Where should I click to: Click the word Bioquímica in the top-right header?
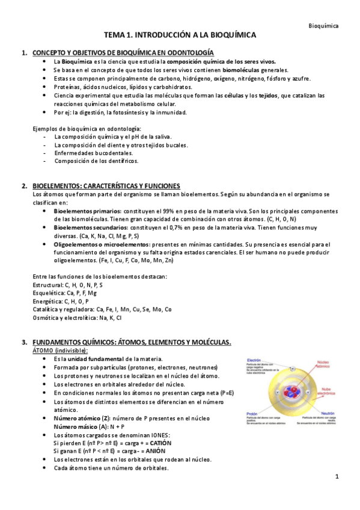coord(323,26)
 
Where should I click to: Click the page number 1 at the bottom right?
coord(337,477)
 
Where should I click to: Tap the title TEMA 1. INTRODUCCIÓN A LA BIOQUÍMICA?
coord(180,36)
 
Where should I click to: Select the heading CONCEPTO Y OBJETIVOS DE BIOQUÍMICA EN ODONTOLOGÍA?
coord(123,53)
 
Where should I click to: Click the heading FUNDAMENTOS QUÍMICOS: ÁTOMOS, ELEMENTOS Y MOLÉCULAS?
coord(131,342)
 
